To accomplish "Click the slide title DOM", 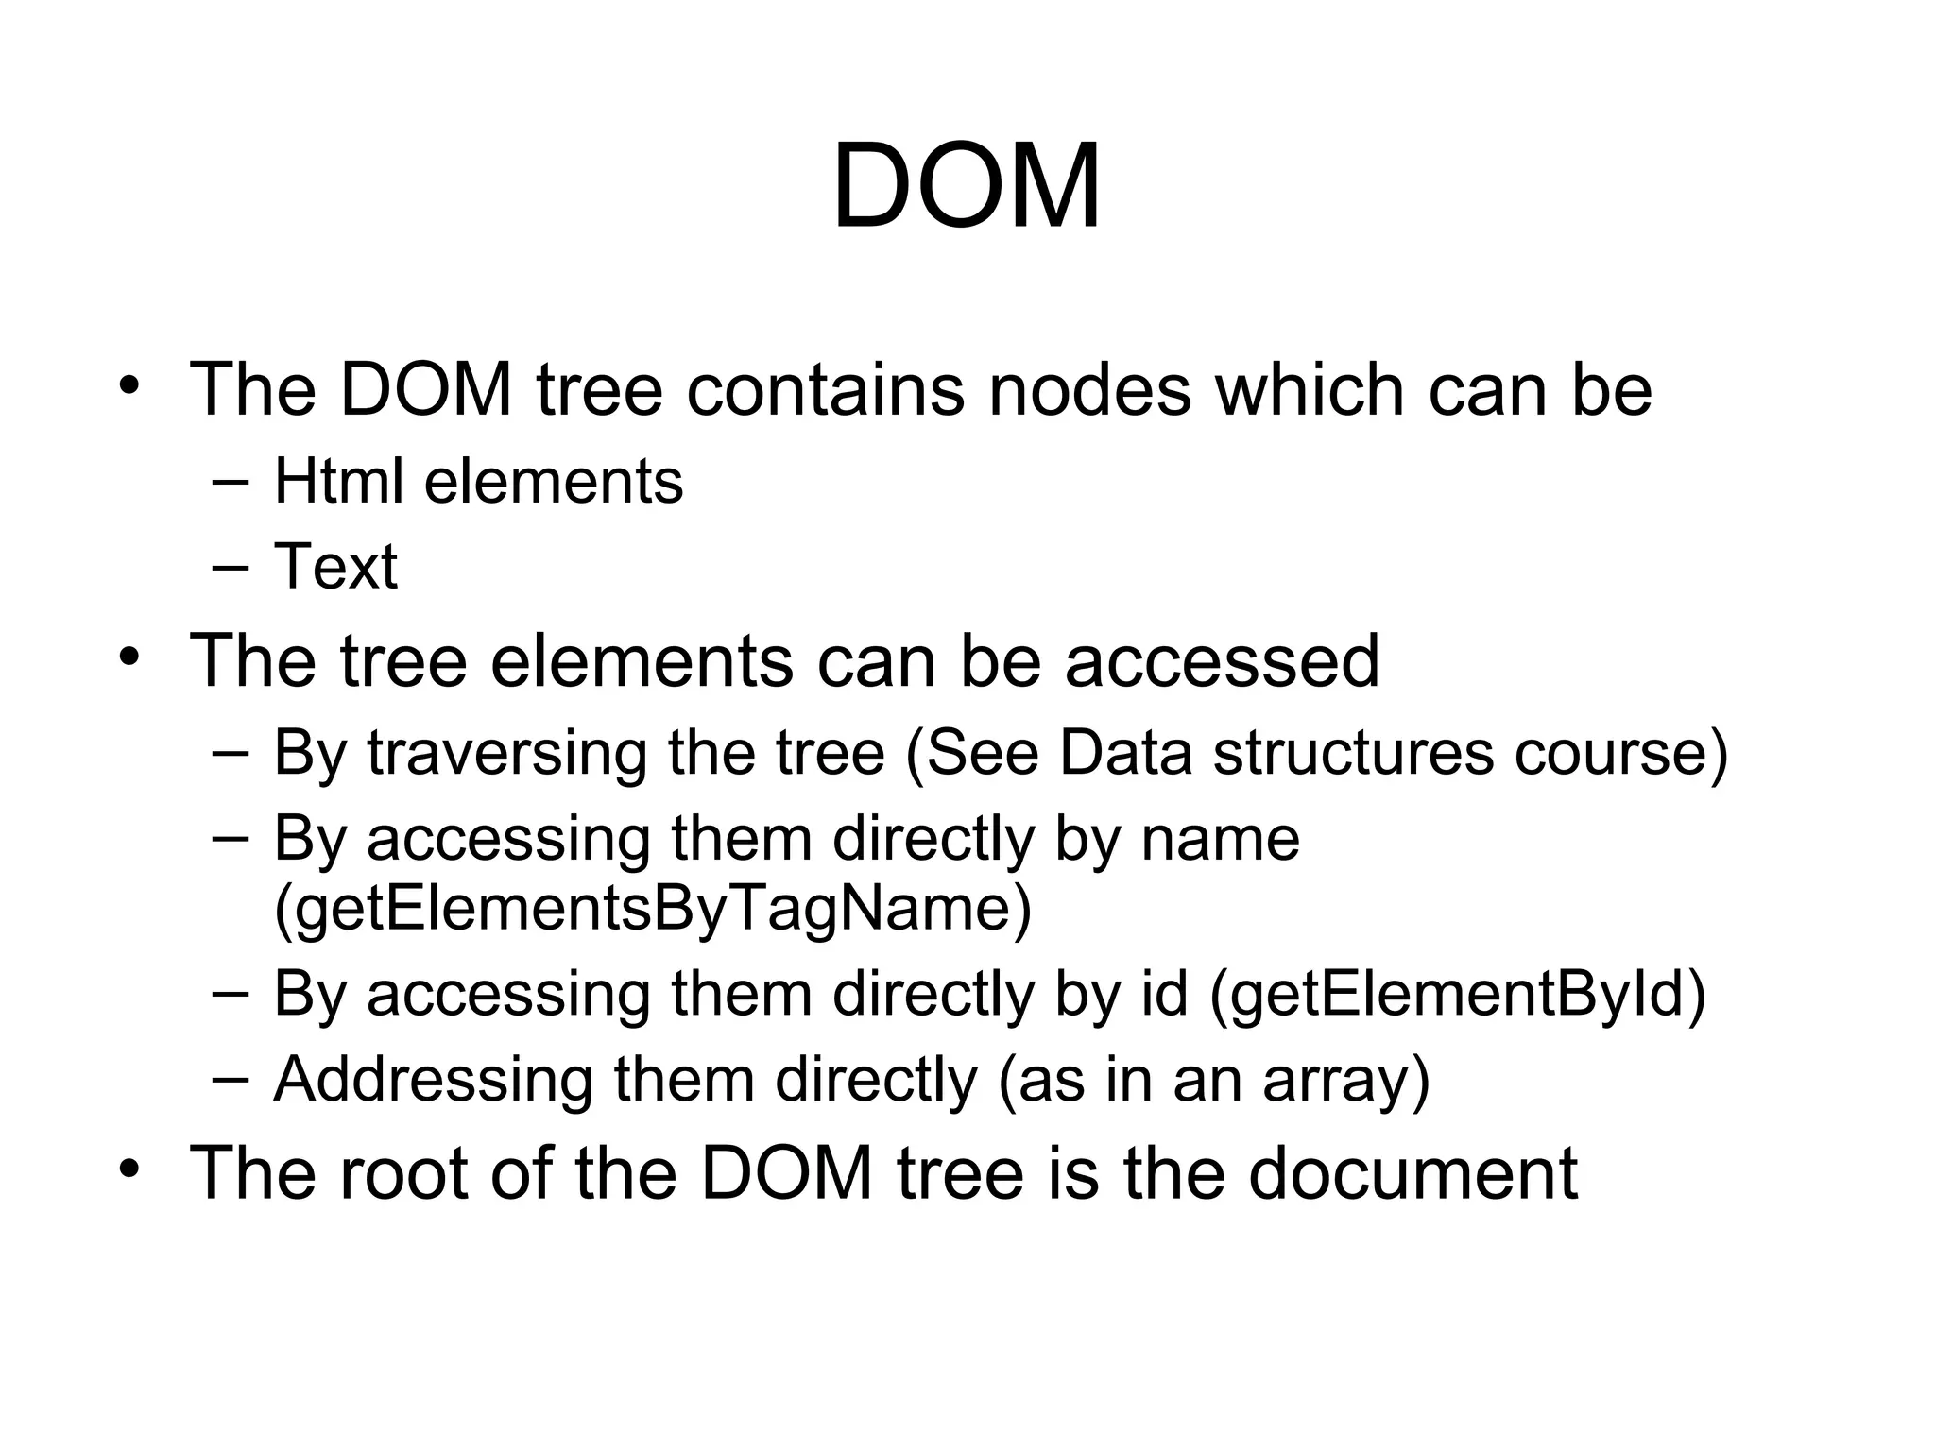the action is pyautogui.click(x=967, y=186).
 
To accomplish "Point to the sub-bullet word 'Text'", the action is pyautogui.click(x=335, y=567).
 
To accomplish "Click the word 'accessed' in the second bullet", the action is pyautogui.click(x=1222, y=660).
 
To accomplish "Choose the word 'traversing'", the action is pyautogui.click(x=506, y=753).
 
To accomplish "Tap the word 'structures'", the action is pyautogui.click(x=1353, y=753).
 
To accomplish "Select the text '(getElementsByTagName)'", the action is pyautogui.click(x=653, y=908).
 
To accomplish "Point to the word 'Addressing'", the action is pyautogui.click(x=433, y=1079).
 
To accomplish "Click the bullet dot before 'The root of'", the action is pyautogui.click(x=130, y=1169).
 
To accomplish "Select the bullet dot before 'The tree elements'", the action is pyautogui.click(x=130, y=657).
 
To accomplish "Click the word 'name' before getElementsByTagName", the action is pyautogui.click(x=1220, y=839).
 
